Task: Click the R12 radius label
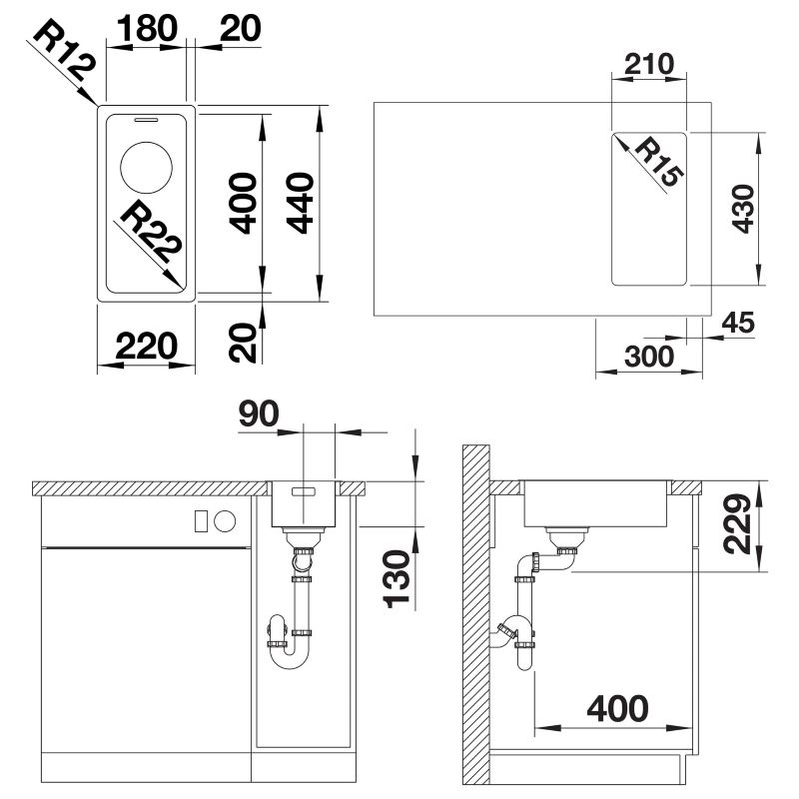click(x=65, y=51)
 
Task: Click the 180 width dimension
click(x=147, y=28)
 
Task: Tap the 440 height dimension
click(x=301, y=203)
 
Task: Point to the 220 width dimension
click(x=147, y=346)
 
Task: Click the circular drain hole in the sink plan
click(x=146, y=168)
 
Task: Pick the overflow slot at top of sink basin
click(x=146, y=120)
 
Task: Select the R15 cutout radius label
click(x=658, y=162)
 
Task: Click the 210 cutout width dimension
click(x=648, y=64)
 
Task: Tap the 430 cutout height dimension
click(x=743, y=209)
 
